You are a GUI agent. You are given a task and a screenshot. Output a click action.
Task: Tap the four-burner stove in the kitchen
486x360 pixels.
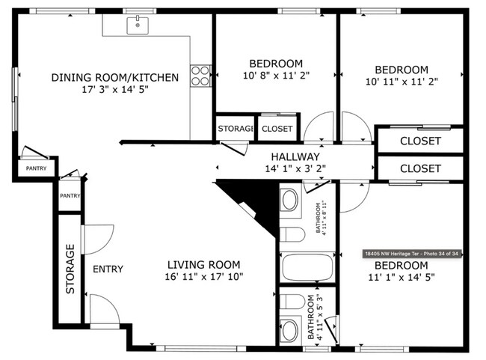click(200, 76)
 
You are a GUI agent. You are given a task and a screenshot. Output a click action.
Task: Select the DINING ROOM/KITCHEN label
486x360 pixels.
click(115, 77)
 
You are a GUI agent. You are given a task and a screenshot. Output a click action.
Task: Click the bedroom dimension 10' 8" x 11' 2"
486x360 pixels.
click(276, 76)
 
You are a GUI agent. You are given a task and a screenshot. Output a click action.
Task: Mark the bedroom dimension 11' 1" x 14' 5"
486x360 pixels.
click(401, 278)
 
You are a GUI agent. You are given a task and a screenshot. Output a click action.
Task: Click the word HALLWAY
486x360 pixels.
click(295, 156)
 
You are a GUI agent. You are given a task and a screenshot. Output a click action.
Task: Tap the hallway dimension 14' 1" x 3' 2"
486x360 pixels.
click(295, 168)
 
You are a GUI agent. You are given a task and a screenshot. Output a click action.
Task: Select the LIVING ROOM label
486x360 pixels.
click(203, 264)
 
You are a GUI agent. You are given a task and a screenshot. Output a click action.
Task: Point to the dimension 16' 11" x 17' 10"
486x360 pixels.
click(203, 276)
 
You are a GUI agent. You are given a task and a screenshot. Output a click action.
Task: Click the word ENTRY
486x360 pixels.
click(108, 269)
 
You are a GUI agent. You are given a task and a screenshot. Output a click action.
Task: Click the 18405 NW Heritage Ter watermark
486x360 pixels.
click(410, 254)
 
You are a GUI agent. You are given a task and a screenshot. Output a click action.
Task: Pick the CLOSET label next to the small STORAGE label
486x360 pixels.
click(277, 129)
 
